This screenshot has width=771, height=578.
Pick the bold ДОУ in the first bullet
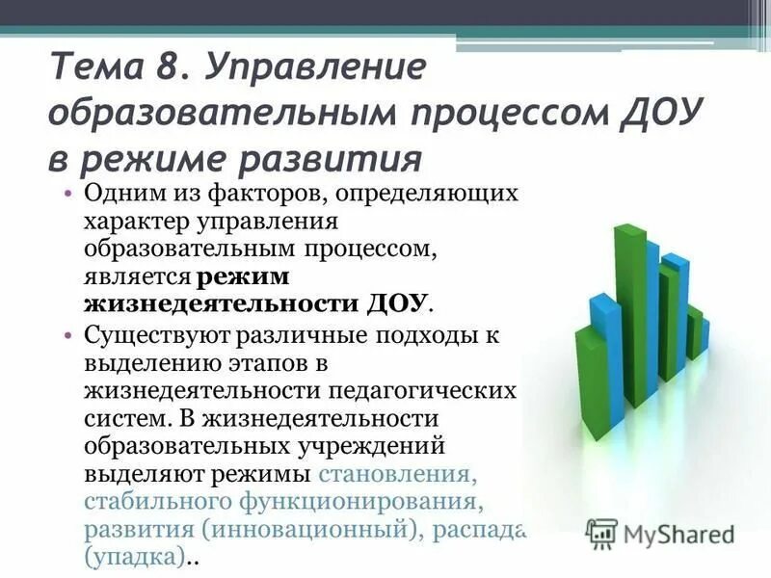[397, 305]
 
